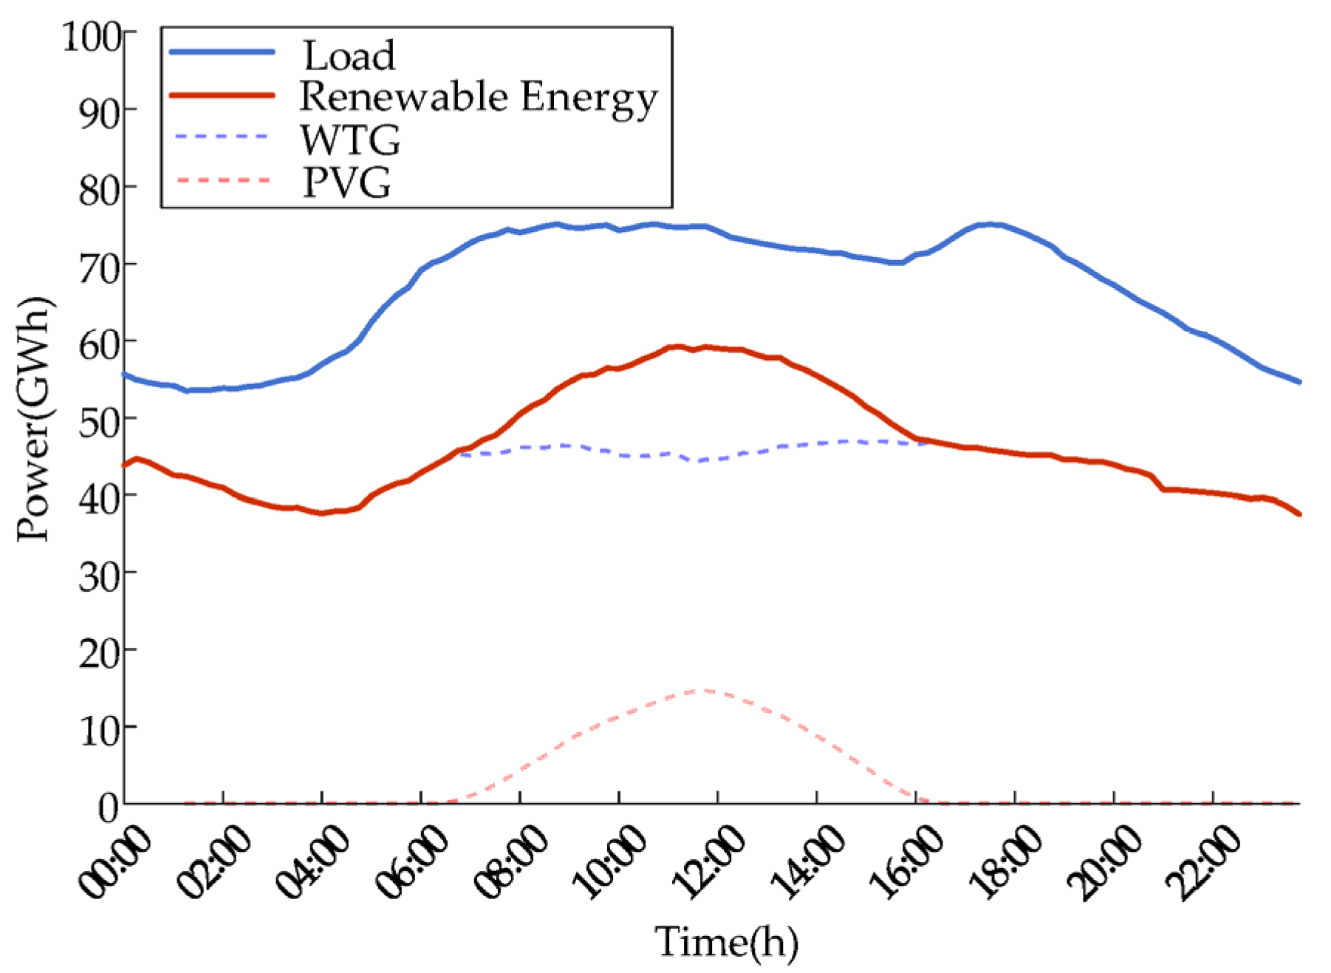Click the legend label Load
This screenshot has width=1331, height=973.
(x=349, y=56)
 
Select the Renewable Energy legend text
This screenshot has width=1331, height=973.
(x=478, y=98)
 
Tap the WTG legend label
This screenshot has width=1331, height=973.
(x=350, y=140)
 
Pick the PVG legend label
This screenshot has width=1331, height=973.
(x=346, y=182)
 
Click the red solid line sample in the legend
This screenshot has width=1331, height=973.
(x=222, y=95)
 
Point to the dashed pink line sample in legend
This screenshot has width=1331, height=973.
(x=222, y=180)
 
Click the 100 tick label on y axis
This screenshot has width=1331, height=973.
(x=92, y=36)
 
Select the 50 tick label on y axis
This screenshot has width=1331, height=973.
(x=99, y=421)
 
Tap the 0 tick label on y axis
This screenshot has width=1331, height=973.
(x=109, y=807)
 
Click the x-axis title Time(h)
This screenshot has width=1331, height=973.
(x=726, y=942)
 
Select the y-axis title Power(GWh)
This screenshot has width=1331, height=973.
(x=34, y=419)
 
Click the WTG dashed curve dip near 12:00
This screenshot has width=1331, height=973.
(x=698, y=460)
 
